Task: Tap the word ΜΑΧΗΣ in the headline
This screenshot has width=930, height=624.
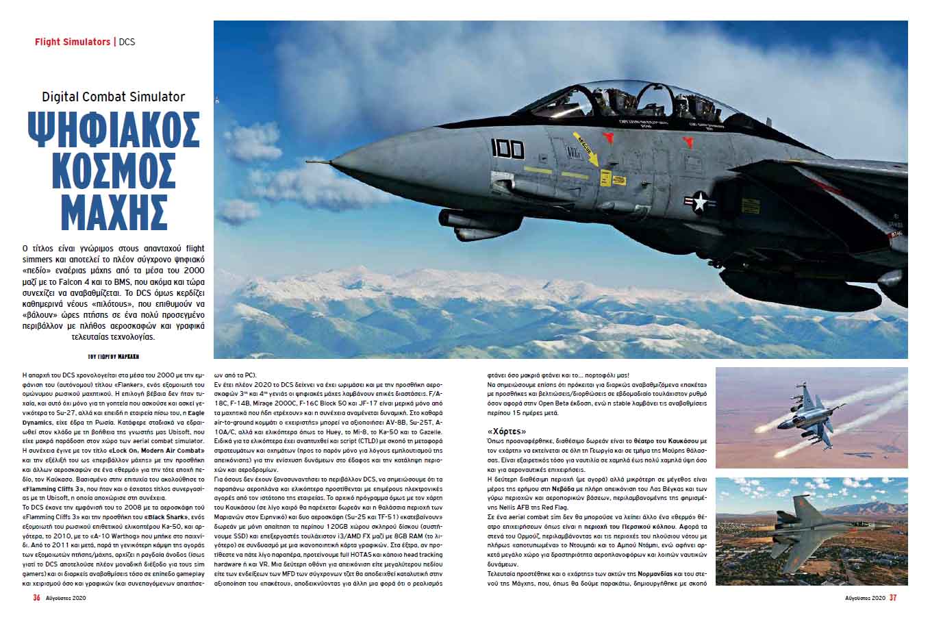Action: click(114, 206)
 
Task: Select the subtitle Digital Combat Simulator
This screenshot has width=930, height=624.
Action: click(114, 97)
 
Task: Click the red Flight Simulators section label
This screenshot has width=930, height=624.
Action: click(73, 42)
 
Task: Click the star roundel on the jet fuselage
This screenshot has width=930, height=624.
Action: click(699, 201)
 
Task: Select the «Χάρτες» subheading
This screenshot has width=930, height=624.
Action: click(507, 432)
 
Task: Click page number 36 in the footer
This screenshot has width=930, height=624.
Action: click(36, 597)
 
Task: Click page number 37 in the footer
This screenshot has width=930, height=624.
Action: click(893, 597)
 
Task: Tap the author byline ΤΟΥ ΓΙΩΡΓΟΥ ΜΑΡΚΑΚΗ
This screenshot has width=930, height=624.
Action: click(114, 357)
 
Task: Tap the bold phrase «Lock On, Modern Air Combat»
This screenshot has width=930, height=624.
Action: click(153, 450)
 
